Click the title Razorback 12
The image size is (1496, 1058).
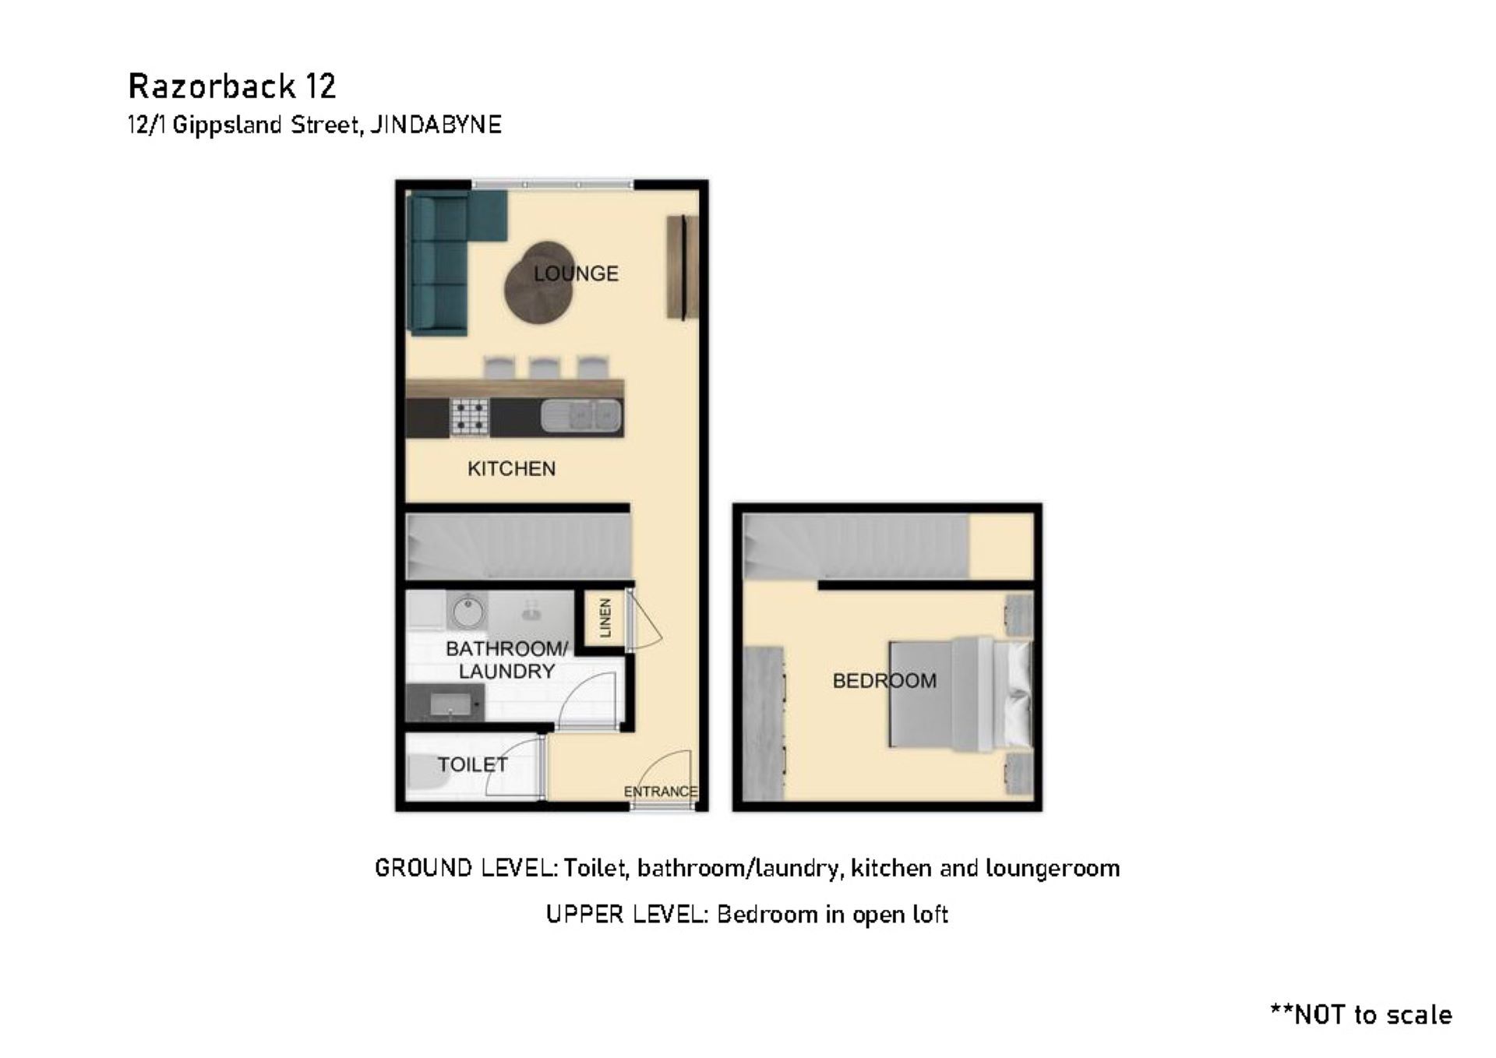(x=232, y=86)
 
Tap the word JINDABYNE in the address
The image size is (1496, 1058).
(x=436, y=125)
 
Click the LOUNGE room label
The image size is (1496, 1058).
(x=576, y=273)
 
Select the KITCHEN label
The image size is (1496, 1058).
(x=511, y=468)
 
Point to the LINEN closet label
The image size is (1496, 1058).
(x=605, y=618)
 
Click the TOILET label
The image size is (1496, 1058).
(x=472, y=764)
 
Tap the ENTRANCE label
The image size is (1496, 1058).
(x=660, y=792)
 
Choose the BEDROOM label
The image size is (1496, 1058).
(x=884, y=681)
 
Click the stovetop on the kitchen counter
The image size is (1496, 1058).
(x=469, y=417)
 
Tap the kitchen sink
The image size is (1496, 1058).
(x=581, y=415)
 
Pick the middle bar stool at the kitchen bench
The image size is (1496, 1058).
(x=545, y=368)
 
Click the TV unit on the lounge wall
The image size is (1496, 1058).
(x=682, y=266)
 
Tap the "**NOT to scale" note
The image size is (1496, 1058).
(x=1360, y=1014)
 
